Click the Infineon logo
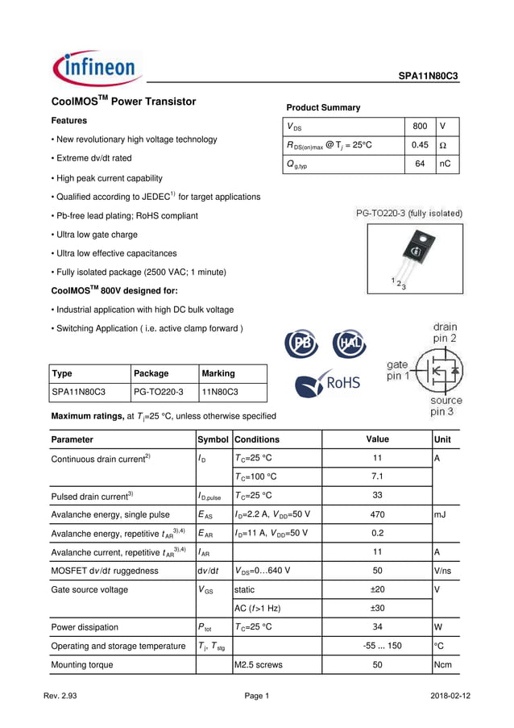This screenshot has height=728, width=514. pyautogui.click(x=97, y=69)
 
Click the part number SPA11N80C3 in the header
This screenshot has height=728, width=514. pyautogui.click(x=428, y=76)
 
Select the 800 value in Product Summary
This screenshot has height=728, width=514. pyautogui.click(x=419, y=127)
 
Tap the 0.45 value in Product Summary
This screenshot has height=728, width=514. pyautogui.click(x=419, y=145)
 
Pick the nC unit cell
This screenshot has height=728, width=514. pyautogui.click(x=446, y=164)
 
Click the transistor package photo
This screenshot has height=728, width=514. pyautogui.click(x=415, y=257)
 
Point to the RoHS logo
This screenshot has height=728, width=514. pyautogui.click(x=328, y=382)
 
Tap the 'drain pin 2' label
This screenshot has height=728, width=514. pyautogui.click(x=445, y=333)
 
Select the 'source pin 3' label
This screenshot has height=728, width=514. pyautogui.click(x=446, y=406)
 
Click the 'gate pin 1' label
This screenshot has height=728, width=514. pyautogui.click(x=397, y=371)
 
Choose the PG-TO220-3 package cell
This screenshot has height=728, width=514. pyautogui.click(x=159, y=393)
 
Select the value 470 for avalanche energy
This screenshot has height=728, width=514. pyautogui.click(x=376, y=514)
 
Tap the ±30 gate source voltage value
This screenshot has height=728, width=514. pyautogui.click(x=376, y=608)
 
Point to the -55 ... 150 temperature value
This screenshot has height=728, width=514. pyautogui.click(x=376, y=646)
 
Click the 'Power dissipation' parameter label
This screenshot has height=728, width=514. pyautogui.click(x=85, y=627)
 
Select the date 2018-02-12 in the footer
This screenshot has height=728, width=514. pyautogui.click(x=451, y=696)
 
